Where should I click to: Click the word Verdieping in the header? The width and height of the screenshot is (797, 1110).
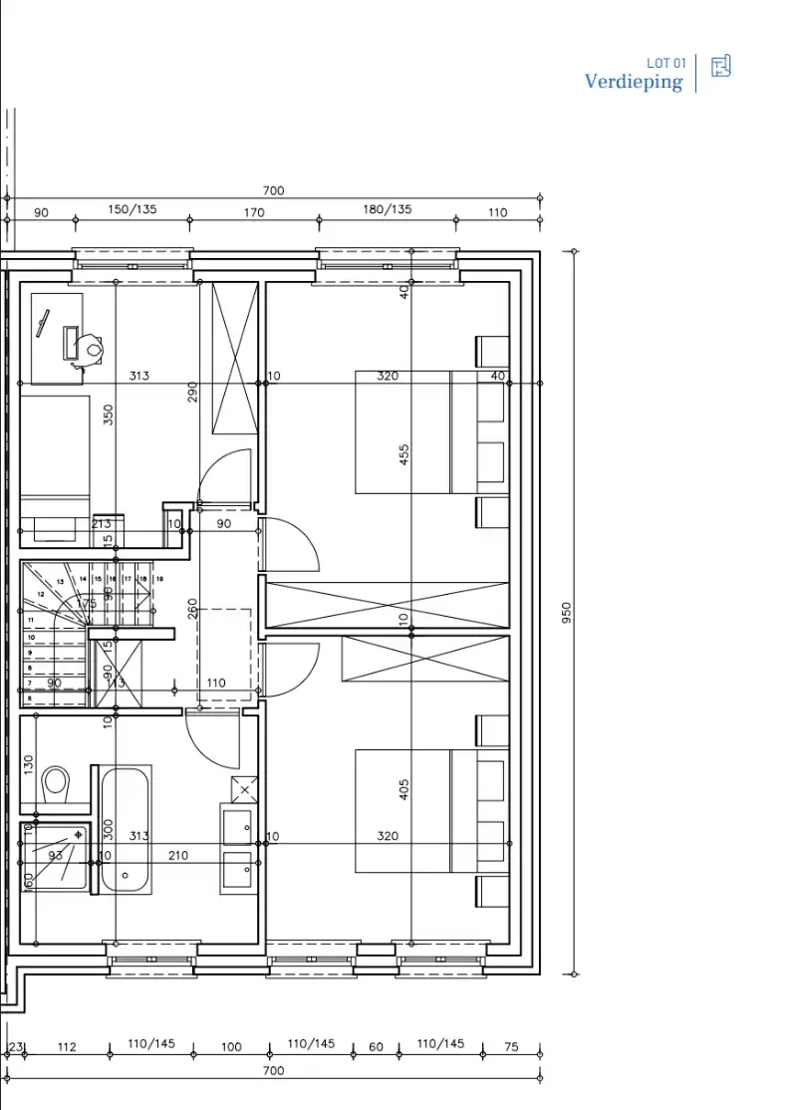click(x=634, y=82)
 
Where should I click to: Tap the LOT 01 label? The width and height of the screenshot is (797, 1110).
click(x=666, y=63)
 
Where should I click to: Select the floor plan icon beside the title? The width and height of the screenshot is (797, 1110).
click(x=721, y=67)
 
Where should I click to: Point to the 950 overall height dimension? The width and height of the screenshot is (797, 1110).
click(x=568, y=612)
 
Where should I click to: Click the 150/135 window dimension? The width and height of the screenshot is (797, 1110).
click(x=133, y=210)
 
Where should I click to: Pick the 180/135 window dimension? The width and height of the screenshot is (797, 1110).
click(x=387, y=210)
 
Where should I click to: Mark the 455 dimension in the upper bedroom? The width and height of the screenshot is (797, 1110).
click(x=403, y=454)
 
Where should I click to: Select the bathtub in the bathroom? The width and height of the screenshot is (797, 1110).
click(x=125, y=828)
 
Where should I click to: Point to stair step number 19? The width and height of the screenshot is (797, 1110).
click(x=158, y=578)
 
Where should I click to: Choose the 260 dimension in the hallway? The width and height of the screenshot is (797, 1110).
click(x=193, y=608)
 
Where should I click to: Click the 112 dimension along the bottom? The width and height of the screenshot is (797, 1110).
click(x=67, y=1047)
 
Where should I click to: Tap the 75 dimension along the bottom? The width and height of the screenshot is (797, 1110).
click(x=511, y=1047)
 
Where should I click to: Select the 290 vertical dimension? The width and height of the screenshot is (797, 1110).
click(x=193, y=392)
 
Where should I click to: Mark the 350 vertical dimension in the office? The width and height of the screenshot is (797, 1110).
click(x=109, y=414)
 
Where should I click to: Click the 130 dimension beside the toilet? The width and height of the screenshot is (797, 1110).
click(x=29, y=765)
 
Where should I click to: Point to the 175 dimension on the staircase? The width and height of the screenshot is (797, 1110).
click(x=87, y=604)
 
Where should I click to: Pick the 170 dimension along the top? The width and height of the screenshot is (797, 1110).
click(x=253, y=212)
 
